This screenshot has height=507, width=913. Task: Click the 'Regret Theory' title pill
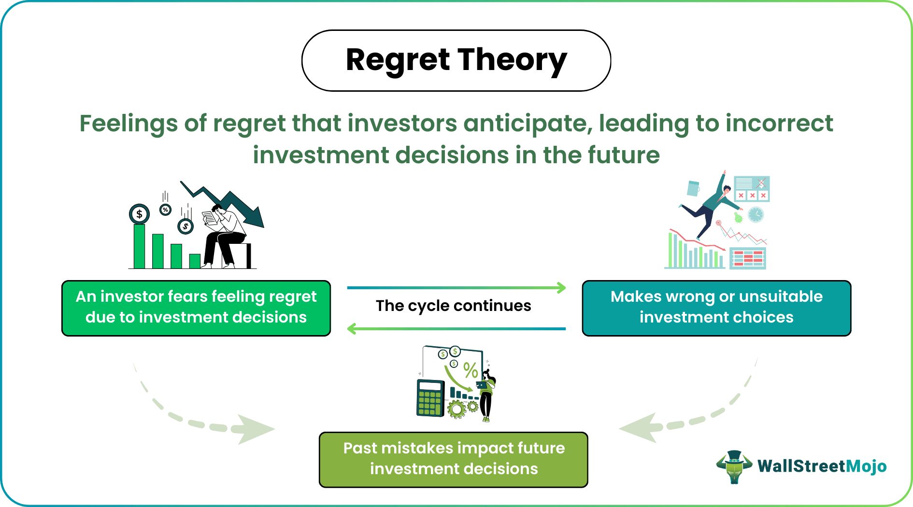coord(456,61)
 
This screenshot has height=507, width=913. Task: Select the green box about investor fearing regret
coord(196,308)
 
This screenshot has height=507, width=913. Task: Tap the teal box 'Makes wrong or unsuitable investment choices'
coord(716,308)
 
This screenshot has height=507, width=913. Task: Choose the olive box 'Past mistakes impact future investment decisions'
coord(454,459)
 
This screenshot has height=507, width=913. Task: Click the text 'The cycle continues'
coord(453,306)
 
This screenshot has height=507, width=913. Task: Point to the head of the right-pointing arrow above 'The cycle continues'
coord(561,288)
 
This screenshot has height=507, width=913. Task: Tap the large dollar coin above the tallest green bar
coord(140,214)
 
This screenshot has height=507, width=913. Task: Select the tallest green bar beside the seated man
coord(140,246)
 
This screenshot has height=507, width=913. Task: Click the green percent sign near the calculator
coord(471,370)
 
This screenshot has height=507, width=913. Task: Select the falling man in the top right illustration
coord(710,208)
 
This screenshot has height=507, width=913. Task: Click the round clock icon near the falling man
coord(756,214)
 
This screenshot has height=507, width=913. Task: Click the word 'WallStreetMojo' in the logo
coord(822,466)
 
